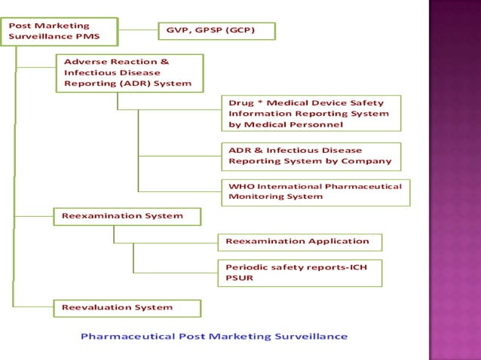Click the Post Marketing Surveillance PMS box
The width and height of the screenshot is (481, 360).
click(x=60, y=31)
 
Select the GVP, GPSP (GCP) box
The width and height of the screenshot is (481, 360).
click(x=216, y=31)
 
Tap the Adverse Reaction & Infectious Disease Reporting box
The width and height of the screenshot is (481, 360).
click(x=129, y=72)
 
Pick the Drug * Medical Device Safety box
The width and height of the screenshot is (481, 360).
click(x=311, y=114)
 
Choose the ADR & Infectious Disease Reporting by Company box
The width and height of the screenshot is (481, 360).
click(x=311, y=156)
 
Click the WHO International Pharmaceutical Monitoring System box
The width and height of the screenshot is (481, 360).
click(x=315, y=191)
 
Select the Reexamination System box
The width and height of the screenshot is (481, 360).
click(x=127, y=216)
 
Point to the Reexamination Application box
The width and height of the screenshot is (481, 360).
click(x=300, y=242)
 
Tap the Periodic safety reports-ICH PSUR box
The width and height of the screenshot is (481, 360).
click(x=300, y=273)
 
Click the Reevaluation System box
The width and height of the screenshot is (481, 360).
click(x=127, y=307)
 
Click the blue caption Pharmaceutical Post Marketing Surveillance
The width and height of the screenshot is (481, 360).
click(x=214, y=336)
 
